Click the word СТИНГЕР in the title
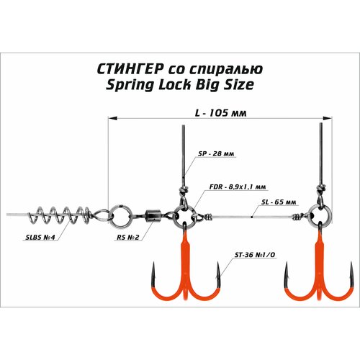[x=130, y=69]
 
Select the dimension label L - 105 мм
[x=220, y=113]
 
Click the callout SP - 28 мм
[x=216, y=153]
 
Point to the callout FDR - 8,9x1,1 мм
[x=238, y=187]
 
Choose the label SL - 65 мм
[x=279, y=202]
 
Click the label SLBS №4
[x=40, y=238]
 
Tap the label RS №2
[x=128, y=238]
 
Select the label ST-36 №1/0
[x=255, y=255]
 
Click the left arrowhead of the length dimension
[x=112, y=118]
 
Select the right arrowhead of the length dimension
[x=328, y=118]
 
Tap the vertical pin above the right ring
[x=321, y=153]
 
